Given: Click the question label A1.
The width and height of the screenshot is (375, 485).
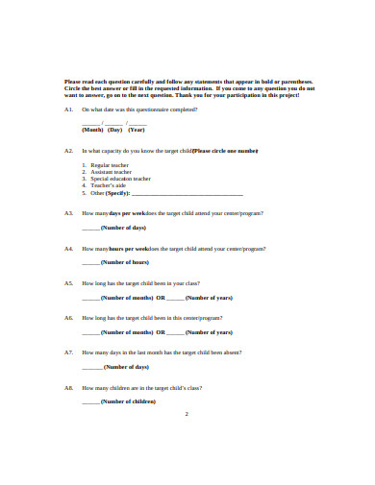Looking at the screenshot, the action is coord(68,110).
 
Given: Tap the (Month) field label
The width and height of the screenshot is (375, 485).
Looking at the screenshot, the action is coord(92,129).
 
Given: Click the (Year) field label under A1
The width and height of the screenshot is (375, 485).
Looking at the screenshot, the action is coord(137,129).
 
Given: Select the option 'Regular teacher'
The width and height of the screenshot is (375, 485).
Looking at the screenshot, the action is coord(109,165).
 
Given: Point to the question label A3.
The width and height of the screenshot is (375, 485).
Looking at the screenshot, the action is coord(68,213).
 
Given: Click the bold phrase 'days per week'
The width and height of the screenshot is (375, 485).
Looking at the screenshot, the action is coord(128,213).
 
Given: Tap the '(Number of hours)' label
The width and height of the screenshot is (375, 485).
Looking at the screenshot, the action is coord(124,262).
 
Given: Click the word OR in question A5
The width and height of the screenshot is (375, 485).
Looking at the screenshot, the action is coord(161,298).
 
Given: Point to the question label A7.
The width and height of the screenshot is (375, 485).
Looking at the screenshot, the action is coord(68,352).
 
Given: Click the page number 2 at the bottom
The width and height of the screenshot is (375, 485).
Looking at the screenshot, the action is coord(186,414).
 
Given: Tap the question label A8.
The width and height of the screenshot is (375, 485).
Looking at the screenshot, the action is coord(68,388).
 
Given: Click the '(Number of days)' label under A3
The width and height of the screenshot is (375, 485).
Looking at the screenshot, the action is coord(123,228).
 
